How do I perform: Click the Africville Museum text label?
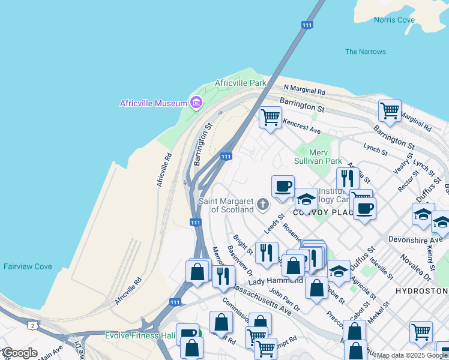(x=154, y=103)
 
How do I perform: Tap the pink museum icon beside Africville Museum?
(x=195, y=103)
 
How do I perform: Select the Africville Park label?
(x=240, y=82)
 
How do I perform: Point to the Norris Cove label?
(x=394, y=20)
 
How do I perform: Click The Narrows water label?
(x=366, y=52)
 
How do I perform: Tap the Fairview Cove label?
(x=27, y=266)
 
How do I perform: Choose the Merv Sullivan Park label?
(x=318, y=157)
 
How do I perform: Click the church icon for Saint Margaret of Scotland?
(x=262, y=205)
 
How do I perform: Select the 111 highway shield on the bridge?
(x=307, y=25)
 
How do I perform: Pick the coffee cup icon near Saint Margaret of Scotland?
(x=283, y=185)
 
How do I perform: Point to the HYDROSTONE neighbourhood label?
(x=422, y=290)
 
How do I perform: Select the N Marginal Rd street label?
(x=304, y=90)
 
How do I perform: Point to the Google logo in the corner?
(x=20, y=353)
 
